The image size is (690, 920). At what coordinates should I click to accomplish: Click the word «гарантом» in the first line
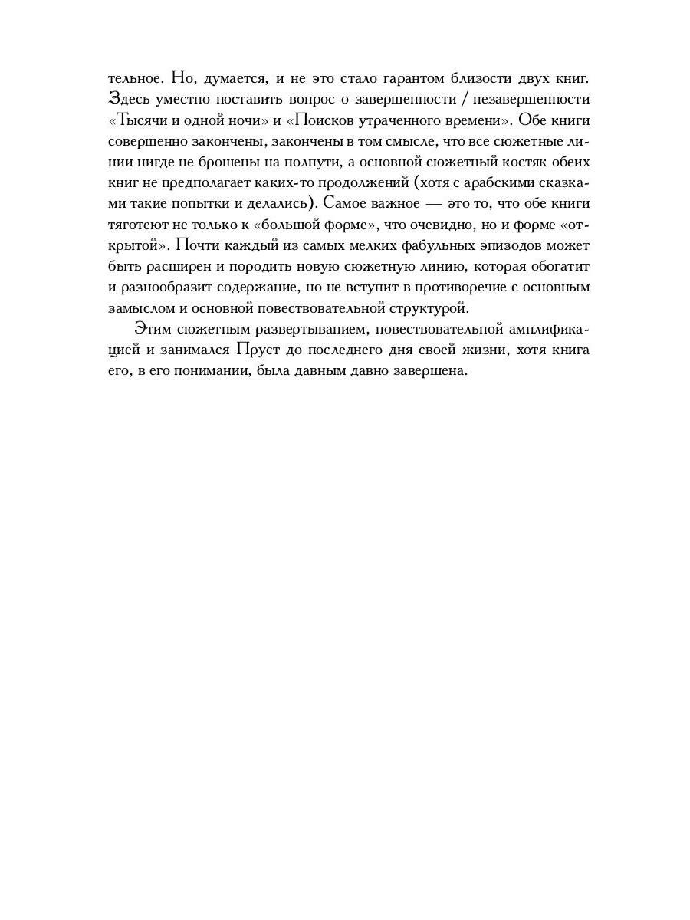[x=379, y=79]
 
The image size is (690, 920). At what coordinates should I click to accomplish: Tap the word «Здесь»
[x=126, y=100]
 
